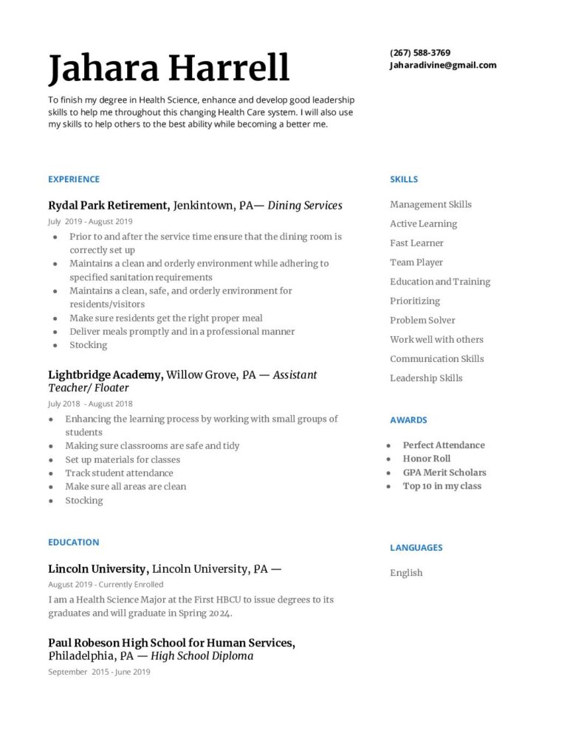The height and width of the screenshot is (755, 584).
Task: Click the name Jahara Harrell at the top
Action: (x=168, y=68)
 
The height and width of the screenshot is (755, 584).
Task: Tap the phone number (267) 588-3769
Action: (x=420, y=53)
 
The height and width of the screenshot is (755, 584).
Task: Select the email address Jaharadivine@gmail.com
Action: (x=443, y=65)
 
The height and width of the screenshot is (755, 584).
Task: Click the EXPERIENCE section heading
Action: (x=74, y=179)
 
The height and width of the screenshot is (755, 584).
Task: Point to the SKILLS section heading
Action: (x=404, y=179)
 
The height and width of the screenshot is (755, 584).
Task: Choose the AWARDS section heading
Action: (x=408, y=420)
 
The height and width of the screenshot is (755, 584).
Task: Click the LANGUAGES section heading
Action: (x=416, y=548)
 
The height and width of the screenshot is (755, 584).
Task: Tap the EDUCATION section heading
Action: (x=73, y=543)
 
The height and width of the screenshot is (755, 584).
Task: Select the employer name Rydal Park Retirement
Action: (x=109, y=206)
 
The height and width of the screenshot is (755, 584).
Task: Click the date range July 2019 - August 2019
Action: (x=90, y=221)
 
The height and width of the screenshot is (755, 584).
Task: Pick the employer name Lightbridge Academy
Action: (x=106, y=375)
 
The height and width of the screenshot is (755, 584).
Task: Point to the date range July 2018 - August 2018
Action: (x=90, y=404)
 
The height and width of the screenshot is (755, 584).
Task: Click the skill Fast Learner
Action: (x=416, y=243)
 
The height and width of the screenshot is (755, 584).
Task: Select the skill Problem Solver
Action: (x=422, y=320)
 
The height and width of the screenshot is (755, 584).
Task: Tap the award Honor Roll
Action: (x=426, y=459)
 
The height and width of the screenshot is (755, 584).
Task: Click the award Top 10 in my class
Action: (x=442, y=486)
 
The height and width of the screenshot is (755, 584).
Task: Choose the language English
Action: (x=406, y=573)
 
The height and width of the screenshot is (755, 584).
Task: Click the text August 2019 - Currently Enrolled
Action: (x=106, y=585)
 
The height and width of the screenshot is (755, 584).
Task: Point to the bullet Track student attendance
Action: (x=119, y=473)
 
